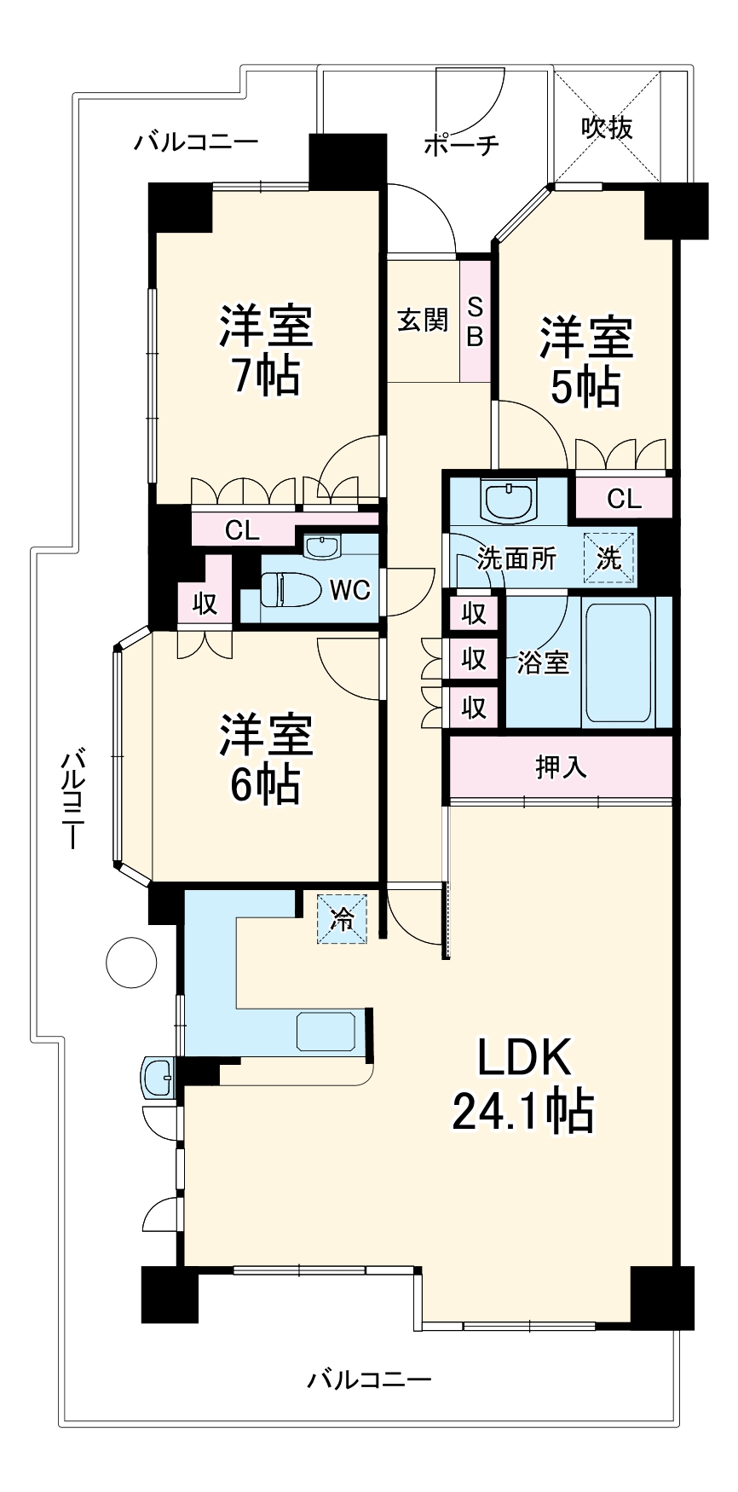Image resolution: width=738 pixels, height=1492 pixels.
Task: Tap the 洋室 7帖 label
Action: (x=266, y=350)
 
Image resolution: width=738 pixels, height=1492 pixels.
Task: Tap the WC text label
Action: (x=349, y=589)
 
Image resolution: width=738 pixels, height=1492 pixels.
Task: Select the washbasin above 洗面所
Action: (x=508, y=500)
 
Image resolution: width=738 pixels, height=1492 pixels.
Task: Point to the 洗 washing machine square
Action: (x=608, y=558)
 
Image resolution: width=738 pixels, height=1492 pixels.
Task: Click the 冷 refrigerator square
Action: (x=342, y=919)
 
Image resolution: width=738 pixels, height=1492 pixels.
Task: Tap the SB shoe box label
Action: (x=475, y=321)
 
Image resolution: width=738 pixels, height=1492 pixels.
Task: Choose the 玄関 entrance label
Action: (x=423, y=321)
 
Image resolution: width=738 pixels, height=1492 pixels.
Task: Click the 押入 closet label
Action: (x=561, y=766)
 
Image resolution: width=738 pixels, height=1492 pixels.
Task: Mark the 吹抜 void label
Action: (x=607, y=128)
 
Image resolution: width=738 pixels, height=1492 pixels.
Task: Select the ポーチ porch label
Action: (x=461, y=145)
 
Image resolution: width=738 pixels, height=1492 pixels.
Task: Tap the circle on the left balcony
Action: (x=130, y=962)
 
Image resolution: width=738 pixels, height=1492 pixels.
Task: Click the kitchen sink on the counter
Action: (x=326, y=1030)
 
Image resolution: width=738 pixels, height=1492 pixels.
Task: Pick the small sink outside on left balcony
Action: (x=158, y=1078)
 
